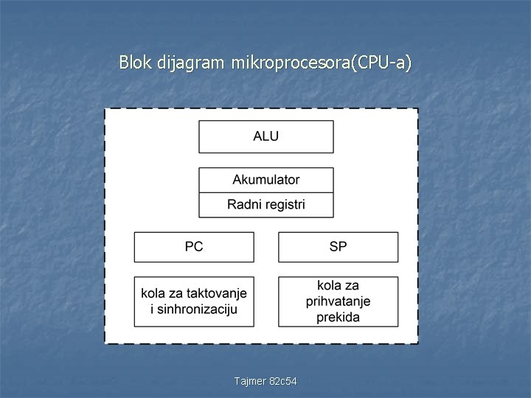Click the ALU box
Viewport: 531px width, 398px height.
coord(265,137)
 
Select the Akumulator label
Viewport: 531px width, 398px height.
coord(265,180)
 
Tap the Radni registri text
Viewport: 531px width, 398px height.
coord(265,204)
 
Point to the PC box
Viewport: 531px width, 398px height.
coord(193,247)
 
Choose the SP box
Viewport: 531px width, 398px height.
coord(338,247)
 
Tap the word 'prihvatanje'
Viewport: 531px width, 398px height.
coord(338,301)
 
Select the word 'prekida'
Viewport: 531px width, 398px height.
coord(338,317)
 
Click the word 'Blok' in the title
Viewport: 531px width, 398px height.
coord(136,63)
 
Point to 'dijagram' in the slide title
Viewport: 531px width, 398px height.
coord(192,63)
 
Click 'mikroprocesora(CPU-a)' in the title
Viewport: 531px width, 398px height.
coord(321,63)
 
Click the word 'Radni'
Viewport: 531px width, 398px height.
coord(244,204)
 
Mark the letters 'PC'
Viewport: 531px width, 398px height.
coord(193,247)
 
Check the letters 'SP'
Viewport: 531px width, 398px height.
coord(338,247)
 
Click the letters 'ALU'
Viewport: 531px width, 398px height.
coord(265,137)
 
